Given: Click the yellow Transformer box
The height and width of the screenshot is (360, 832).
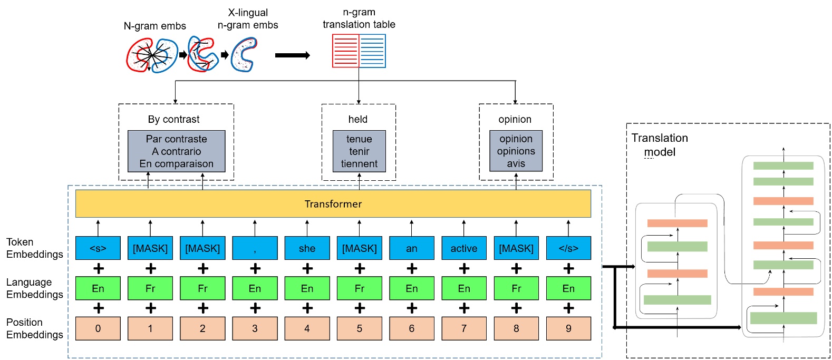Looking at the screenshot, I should point(333,204).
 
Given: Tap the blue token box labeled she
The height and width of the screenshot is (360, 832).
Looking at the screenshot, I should point(307,248).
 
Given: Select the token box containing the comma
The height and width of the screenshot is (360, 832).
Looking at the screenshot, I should point(255,248).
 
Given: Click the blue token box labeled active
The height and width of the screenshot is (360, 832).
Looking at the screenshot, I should point(463,248).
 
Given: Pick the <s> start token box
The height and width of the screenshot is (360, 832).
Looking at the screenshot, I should point(98,248).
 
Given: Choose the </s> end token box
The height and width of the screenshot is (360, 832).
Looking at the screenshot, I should point(568,248).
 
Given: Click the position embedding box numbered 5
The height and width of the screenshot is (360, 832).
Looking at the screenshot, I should point(359,328).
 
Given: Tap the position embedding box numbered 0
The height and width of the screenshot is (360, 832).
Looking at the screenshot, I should point(98,328).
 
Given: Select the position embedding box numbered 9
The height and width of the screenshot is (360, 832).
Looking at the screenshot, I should point(568,328).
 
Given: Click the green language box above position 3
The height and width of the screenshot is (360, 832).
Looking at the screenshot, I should point(255,288).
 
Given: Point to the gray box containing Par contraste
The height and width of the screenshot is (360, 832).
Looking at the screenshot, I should point(176,151).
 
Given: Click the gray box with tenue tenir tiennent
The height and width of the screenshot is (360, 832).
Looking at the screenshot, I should point(359,151).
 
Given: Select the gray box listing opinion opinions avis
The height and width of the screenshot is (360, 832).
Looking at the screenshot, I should point(516,151).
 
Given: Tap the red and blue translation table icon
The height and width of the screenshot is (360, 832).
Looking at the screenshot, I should point(359,51).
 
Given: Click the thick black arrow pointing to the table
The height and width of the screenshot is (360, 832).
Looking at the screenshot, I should point(292,55).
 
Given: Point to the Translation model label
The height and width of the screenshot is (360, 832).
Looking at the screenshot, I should point(659,145).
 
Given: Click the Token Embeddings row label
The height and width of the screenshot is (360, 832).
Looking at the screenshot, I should point(34,248).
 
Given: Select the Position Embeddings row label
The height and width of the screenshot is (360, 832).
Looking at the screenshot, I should point(34,328).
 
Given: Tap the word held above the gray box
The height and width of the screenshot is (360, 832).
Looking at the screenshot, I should point(357,120).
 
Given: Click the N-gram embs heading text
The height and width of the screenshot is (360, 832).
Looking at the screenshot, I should point(154,26).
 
